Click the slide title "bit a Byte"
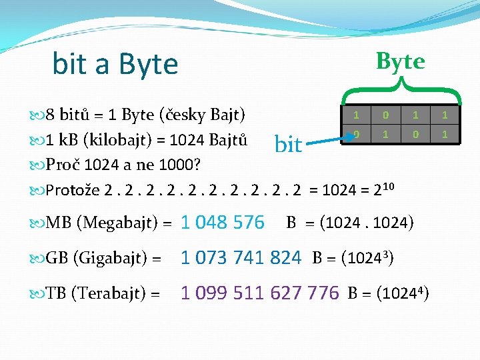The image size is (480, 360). (115, 64)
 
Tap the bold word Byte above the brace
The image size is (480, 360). (400, 61)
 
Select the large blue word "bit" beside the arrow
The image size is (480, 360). (288, 144)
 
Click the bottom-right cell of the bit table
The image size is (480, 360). (443, 135)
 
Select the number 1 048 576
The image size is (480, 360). (223, 223)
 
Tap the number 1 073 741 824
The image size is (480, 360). (241, 257)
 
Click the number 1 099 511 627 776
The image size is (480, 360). (260, 292)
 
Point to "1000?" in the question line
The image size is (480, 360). (183, 164)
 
